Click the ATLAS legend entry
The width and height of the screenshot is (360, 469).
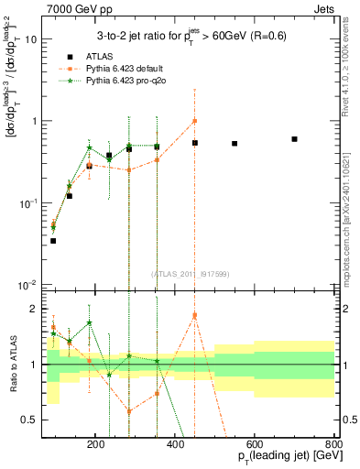click(98, 57)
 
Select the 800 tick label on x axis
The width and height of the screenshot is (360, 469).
click(334, 443)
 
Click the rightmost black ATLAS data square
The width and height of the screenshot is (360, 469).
click(294, 139)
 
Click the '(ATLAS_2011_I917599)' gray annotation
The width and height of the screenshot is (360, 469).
click(191, 274)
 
